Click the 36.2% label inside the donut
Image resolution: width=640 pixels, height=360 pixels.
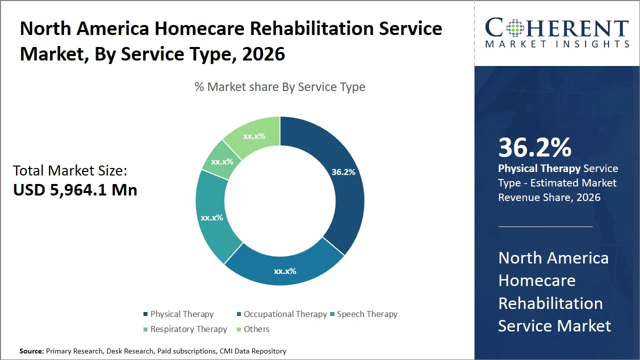[343, 172]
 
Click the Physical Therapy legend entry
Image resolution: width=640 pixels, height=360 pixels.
[181, 314]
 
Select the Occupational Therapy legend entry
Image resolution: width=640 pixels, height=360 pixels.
[285, 314]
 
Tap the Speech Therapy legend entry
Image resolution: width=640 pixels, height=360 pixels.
[367, 314]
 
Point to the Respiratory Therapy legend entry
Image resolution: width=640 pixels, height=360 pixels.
[188, 329]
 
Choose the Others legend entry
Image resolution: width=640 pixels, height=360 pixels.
[256, 329]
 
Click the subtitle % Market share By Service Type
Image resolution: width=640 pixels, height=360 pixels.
[280, 87]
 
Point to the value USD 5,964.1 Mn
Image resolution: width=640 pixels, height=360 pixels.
[75, 189]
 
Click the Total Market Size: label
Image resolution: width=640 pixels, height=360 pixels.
[70, 171]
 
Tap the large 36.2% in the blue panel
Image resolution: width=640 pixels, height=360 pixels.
[534, 148]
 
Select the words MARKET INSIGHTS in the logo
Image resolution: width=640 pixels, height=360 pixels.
[557, 44]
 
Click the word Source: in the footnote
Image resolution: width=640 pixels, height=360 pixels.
[31, 351]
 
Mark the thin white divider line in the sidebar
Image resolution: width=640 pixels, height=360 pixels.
[545, 226]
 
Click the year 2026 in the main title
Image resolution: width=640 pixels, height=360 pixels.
[263, 54]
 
